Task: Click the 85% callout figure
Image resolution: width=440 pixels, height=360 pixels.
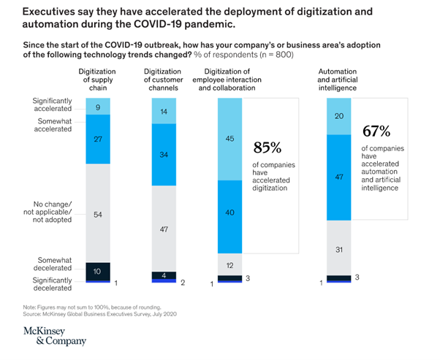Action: (x=266, y=148)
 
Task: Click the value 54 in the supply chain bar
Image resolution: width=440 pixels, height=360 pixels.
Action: (x=97, y=215)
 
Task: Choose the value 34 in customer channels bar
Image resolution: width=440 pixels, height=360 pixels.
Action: (x=164, y=155)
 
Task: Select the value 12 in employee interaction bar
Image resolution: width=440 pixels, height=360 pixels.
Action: (x=230, y=264)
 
